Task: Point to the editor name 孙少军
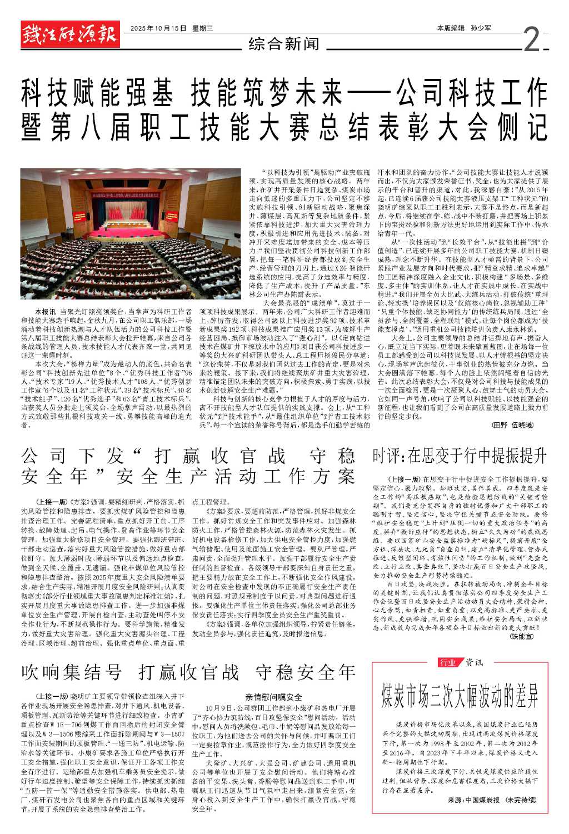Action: pos(481,28)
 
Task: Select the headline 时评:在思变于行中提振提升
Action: pos(460,456)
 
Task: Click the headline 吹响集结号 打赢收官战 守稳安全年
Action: pos(188,672)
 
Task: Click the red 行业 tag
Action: pos(447,662)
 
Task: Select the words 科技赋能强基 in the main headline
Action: pos(97,94)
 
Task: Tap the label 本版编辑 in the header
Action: pos(450,28)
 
